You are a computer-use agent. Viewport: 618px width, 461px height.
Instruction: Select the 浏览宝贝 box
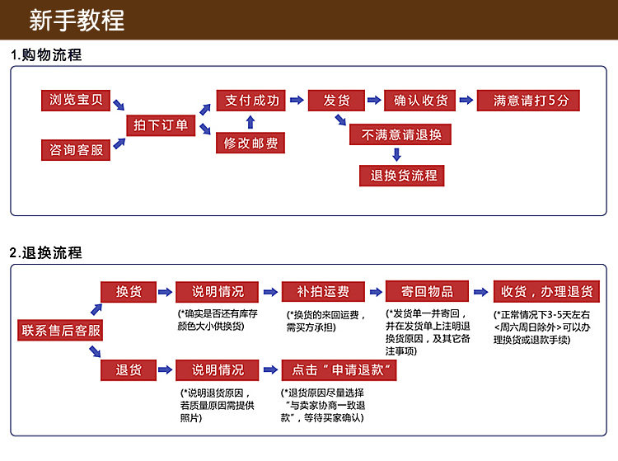[75, 101]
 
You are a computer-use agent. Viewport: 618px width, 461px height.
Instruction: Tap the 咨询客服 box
[75, 150]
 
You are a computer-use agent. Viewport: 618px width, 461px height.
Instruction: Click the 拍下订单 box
[161, 125]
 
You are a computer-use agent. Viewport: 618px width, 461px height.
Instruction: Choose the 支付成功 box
[252, 101]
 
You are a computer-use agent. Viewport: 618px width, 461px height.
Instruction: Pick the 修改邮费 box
[251, 143]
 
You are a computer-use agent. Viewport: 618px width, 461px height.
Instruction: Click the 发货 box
[336, 101]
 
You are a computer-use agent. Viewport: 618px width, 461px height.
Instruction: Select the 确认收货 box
[420, 101]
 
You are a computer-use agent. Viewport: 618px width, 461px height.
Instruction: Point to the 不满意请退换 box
[401, 134]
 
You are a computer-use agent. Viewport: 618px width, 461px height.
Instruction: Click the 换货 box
[128, 292]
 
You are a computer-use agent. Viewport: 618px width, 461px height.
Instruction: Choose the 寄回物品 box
[427, 292]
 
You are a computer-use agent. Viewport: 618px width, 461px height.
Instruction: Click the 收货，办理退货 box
[546, 292]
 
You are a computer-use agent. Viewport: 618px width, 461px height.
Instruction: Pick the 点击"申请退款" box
[339, 370]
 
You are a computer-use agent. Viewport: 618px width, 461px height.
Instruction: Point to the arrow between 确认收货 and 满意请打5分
[466, 101]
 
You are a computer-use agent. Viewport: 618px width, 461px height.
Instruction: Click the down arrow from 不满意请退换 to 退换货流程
[397, 154]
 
